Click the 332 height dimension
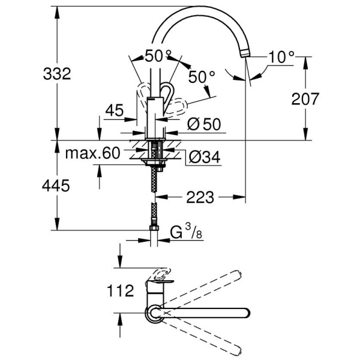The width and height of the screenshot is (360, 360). [x=57, y=74]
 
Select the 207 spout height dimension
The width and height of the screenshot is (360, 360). [x=305, y=99]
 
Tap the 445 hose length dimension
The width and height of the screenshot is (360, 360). [x=57, y=186]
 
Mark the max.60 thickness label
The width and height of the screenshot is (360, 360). [x=92, y=154]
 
